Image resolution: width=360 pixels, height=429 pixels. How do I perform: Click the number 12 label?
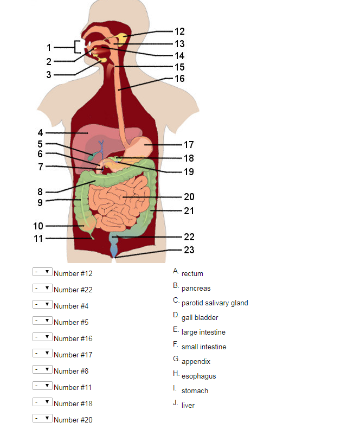[x=179, y=31]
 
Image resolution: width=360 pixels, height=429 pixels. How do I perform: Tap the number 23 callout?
[x=189, y=250]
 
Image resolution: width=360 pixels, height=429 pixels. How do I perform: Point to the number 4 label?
[x=40, y=132]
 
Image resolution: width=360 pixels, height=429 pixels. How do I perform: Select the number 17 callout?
[x=189, y=145]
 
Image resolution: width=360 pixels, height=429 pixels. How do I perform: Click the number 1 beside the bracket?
[x=49, y=47]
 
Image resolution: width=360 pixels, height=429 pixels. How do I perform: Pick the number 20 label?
[x=189, y=197]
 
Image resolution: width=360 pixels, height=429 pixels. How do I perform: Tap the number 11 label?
[x=38, y=238]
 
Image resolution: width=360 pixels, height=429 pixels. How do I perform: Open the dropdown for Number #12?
[x=42, y=272]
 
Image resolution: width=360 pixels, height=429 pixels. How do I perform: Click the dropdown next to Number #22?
[x=42, y=288]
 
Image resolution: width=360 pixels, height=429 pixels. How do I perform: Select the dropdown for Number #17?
[x=42, y=353]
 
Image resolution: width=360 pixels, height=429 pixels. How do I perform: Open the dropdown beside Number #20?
[x=42, y=418]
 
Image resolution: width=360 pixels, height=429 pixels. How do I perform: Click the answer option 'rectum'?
[x=192, y=274]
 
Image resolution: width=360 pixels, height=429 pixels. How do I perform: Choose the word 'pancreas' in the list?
[x=196, y=289]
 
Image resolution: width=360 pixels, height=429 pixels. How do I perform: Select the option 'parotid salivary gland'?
[x=215, y=303]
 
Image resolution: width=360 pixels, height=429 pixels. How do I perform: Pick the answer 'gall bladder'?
[x=200, y=318]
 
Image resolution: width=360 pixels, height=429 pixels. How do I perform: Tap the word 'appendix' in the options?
[x=196, y=361]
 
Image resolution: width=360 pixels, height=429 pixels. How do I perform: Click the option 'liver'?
[x=188, y=405]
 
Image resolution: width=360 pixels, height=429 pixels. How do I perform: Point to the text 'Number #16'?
[x=73, y=338]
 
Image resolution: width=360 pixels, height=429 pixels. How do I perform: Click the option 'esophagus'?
[x=198, y=376]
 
